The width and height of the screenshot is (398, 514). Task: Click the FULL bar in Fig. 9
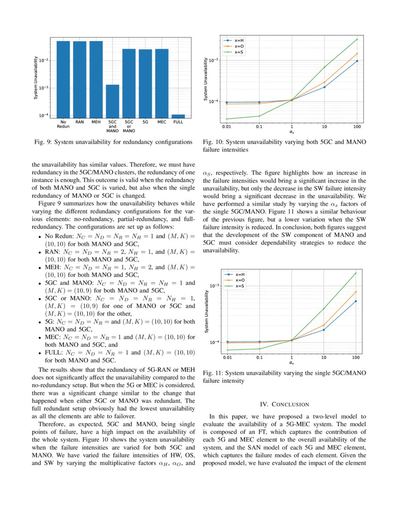(x=178, y=116)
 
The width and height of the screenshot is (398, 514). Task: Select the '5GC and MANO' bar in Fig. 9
(x=112, y=101)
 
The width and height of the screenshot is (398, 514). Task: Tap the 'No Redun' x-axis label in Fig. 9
(x=63, y=124)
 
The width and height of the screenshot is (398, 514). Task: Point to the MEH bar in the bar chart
(x=96, y=79)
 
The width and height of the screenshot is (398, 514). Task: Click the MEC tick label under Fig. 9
(x=162, y=121)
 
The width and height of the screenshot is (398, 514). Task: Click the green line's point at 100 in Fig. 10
(x=357, y=39)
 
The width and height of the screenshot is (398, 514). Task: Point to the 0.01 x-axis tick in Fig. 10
(x=227, y=127)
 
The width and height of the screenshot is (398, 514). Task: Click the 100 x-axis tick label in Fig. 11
(x=356, y=357)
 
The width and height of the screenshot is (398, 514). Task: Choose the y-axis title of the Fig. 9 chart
(x=36, y=78)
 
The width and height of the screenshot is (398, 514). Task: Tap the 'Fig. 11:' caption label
(x=214, y=373)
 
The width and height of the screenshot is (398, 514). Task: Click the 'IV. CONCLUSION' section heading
(x=284, y=404)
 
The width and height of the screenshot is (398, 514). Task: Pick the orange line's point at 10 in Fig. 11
(x=324, y=325)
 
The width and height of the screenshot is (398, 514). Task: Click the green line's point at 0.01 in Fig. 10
(x=227, y=119)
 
